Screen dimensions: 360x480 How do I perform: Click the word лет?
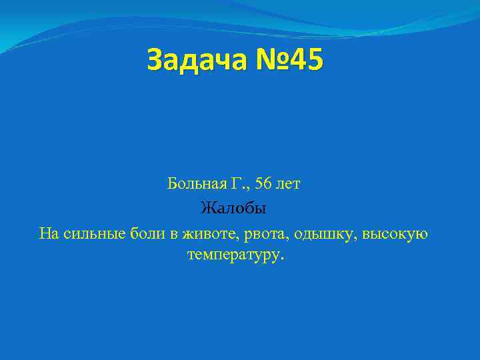289,184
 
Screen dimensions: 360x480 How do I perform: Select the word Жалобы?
233,209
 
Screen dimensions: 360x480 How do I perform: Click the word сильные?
86,234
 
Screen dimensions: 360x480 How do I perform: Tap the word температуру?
235,255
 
